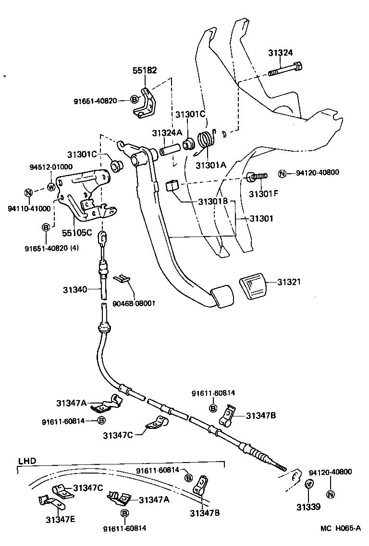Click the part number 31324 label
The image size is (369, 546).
pos(281,53)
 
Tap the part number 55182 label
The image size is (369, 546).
pos(145,70)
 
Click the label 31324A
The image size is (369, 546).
pos(167,132)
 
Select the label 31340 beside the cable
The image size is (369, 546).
pos(74,289)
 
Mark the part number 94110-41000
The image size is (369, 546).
pos(29,209)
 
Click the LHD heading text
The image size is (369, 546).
pos(27,461)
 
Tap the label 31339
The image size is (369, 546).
pos(308,507)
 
